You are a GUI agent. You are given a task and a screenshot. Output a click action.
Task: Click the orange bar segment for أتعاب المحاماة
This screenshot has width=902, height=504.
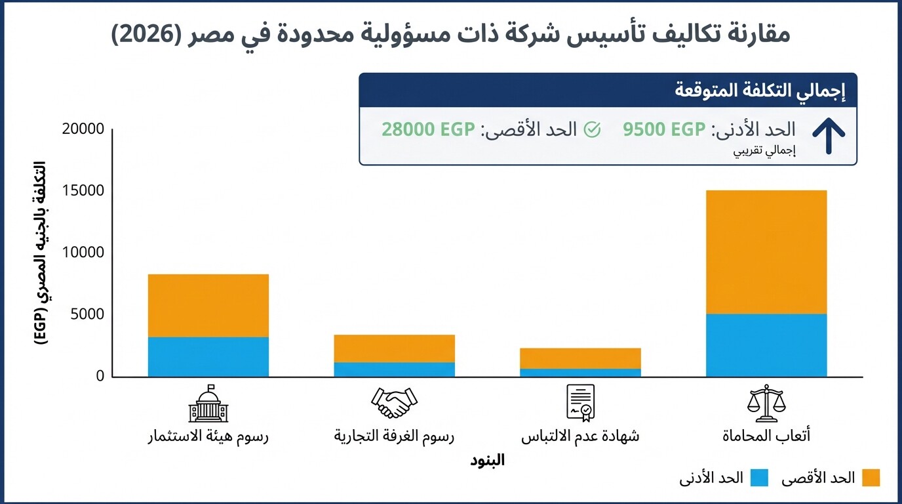(766, 252)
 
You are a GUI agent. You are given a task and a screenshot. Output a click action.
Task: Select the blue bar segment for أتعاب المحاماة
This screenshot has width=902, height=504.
(766, 345)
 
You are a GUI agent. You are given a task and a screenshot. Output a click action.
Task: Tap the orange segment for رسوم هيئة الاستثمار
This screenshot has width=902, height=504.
(208, 305)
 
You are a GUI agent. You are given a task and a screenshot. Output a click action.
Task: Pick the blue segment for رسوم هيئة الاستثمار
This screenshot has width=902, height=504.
(208, 356)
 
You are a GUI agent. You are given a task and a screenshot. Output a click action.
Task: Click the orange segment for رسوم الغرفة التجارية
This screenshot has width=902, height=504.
(394, 348)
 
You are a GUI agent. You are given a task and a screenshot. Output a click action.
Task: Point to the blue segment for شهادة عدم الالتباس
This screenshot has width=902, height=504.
(580, 372)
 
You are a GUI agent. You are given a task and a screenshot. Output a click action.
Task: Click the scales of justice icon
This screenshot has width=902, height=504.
(766, 403)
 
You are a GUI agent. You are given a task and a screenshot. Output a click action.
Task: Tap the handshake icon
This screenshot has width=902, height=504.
(394, 403)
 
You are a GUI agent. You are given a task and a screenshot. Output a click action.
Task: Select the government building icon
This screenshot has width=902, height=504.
(208, 403)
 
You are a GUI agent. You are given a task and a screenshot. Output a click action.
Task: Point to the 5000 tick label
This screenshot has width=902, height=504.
(87, 314)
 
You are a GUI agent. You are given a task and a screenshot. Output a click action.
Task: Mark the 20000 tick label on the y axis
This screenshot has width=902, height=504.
(83, 129)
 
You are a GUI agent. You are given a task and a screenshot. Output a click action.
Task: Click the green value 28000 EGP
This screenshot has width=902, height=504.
(428, 129)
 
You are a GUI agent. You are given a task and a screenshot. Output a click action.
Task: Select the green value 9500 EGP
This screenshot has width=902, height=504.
(663, 129)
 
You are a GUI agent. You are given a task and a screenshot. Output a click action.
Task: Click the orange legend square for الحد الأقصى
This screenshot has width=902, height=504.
(871, 478)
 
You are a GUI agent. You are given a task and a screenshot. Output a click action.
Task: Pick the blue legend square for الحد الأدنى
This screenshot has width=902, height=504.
(759, 478)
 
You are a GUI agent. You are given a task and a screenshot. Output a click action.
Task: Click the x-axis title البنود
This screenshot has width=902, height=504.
(487, 460)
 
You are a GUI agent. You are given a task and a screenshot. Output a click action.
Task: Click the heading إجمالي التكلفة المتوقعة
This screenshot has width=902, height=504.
(760, 91)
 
